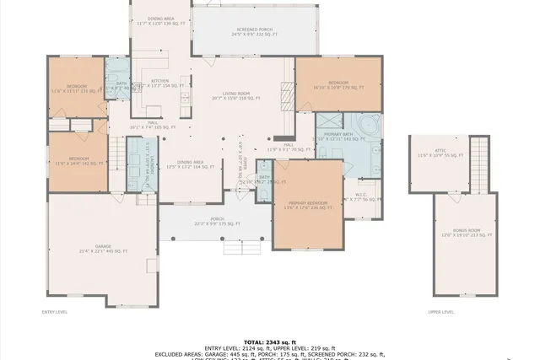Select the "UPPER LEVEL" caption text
[x=440, y=312]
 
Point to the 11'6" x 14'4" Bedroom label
[x=78, y=160]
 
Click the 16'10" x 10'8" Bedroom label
[x=338, y=84]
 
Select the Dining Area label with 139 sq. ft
[x=161, y=20]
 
